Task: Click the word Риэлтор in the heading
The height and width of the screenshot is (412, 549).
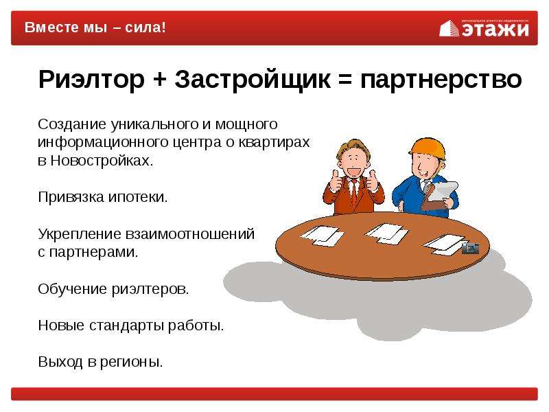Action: (91, 80)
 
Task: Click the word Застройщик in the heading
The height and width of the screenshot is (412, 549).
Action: (253, 80)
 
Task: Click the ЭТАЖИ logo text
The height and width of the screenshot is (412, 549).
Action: (495, 30)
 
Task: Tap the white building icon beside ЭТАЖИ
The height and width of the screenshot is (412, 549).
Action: (449, 28)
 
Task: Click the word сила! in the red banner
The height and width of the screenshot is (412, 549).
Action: (145, 27)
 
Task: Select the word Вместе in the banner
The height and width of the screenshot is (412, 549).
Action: (51, 27)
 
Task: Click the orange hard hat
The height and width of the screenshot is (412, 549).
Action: (428, 148)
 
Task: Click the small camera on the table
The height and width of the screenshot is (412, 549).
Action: (470, 248)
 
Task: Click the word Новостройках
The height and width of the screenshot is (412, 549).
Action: (102, 161)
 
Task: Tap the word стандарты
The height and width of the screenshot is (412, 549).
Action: (126, 325)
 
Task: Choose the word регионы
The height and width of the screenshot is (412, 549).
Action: (131, 363)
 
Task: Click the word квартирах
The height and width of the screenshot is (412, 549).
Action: (274, 143)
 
